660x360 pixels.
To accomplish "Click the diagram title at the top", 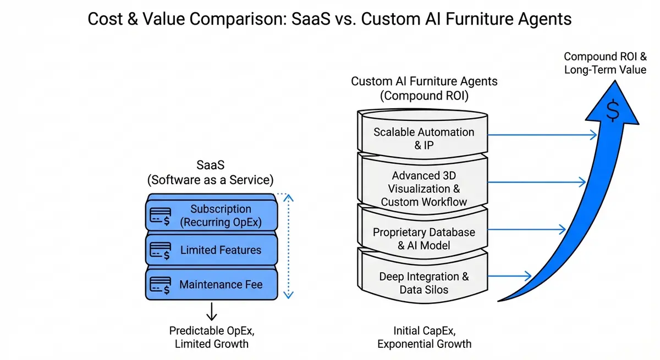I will [329, 19].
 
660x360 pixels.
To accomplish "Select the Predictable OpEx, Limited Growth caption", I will [211, 337].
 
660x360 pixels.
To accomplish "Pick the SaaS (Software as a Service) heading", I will [210, 172].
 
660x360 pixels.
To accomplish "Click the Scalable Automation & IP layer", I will [424, 138].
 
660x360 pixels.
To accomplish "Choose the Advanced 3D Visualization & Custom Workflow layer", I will [424, 188].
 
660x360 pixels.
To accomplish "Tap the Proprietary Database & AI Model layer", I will [424, 238].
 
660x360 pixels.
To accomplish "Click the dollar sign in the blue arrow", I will [612, 111].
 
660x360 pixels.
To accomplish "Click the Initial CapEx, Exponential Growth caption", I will [424, 337].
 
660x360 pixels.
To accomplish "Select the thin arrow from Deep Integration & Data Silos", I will [509, 276].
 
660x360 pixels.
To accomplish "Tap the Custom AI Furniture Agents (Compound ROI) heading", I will [424, 88].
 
